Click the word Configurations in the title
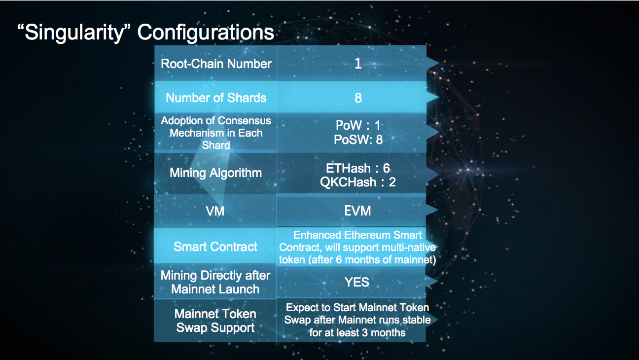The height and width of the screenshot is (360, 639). click(x=206, y=33)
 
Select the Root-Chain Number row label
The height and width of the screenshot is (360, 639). click(x=216, y=64)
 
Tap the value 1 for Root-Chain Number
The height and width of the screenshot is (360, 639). click(x=358, y=64)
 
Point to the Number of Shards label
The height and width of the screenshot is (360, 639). click(x=216, y=98)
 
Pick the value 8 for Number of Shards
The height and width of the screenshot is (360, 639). click(x=358, y=98)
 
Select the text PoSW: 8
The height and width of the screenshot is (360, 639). click(x=358, y=139)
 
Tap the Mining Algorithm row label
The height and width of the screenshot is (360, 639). click(x=216, y=173)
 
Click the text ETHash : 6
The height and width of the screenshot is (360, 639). click(x=358, y=168)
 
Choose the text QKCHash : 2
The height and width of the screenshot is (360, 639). click(x=358, y=181)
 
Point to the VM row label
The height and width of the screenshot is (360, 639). click(x=215, y=211)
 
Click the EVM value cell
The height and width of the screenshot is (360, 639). click(x=358, y=211)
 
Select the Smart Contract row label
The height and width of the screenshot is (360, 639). click(x=216, y=247)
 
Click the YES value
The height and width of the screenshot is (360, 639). click(x=357, y=282)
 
